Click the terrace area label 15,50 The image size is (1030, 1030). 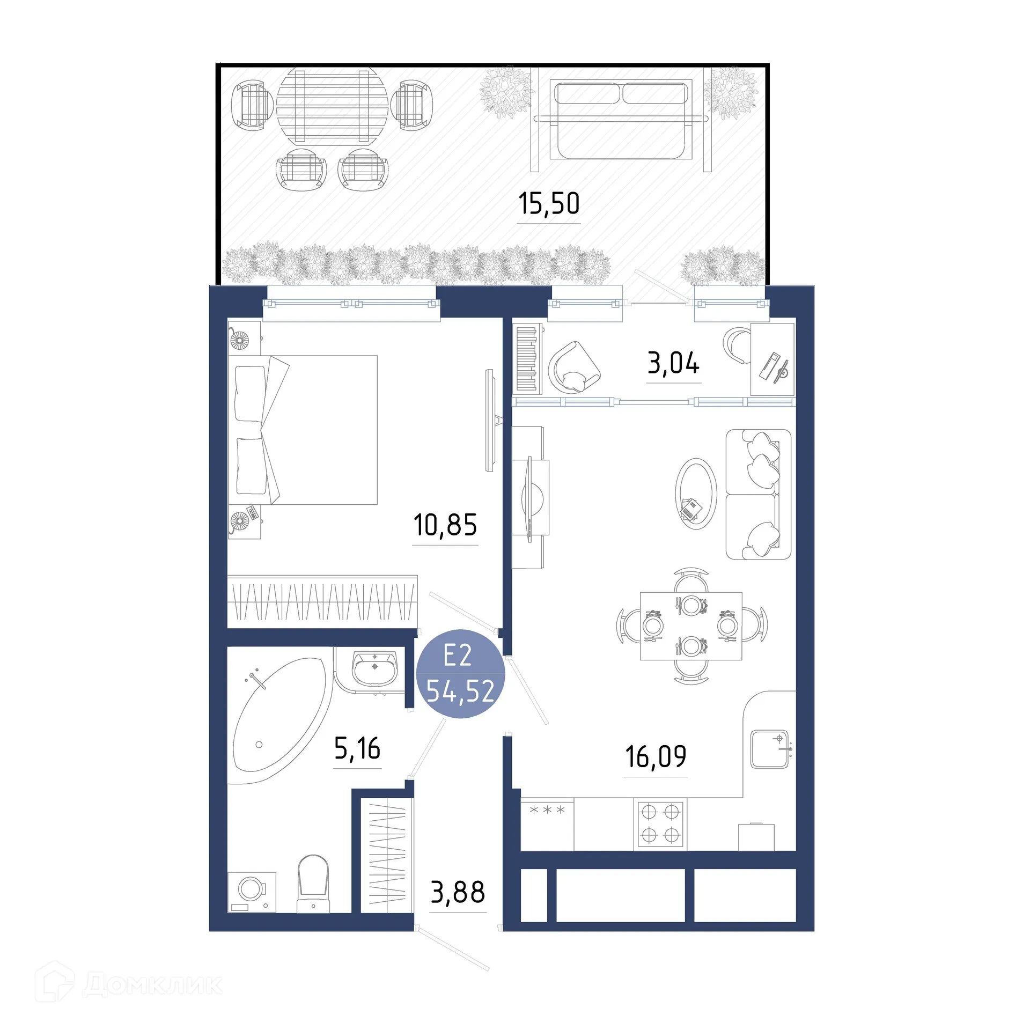548,204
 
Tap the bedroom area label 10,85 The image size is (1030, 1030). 445,525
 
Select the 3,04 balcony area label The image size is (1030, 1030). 673,363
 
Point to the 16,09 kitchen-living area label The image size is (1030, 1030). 655,756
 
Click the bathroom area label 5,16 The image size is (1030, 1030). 357,748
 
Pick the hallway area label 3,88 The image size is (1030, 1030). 458,892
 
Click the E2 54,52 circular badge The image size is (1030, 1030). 460,674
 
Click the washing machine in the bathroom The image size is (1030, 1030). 252,891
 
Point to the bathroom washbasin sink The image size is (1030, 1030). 374,668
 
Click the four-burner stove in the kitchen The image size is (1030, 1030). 660,824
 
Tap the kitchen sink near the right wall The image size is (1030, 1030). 769,749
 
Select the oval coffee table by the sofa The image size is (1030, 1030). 695,494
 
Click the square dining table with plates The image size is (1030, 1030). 691,626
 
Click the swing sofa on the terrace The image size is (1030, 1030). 621,119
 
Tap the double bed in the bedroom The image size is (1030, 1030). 303,430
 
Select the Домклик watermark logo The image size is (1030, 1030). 129,984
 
